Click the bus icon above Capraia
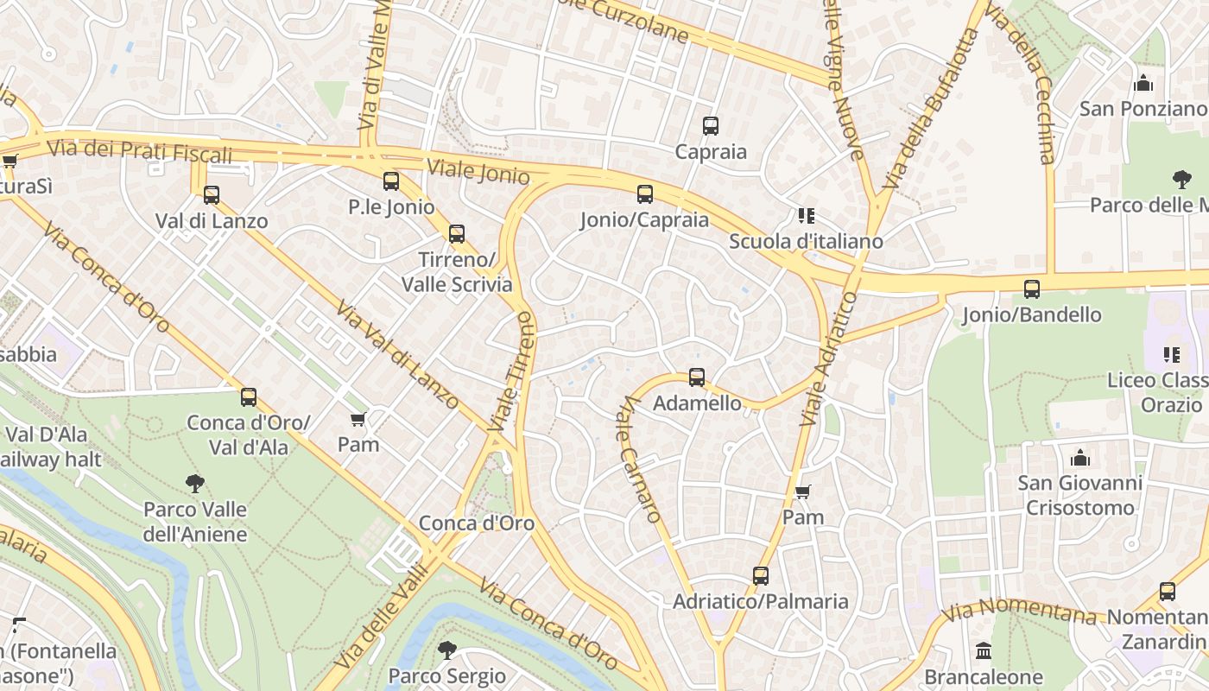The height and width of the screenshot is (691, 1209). pos(710,126)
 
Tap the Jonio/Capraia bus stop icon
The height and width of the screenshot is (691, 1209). pos(644,194)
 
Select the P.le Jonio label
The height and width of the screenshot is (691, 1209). pos(391,206)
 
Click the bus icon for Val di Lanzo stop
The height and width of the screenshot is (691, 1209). pos(212,195)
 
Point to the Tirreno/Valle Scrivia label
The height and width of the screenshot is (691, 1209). pos(457,272)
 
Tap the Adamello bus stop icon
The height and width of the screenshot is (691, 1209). pos(696,377)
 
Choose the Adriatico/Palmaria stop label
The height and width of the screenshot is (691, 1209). pos(760,601)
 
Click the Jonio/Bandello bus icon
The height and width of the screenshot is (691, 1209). pos(1031,289)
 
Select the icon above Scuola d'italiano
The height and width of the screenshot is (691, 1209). pos(806,216)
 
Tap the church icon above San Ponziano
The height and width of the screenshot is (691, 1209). pos(1143,84)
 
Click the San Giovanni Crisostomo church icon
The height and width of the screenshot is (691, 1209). pos(1079,458)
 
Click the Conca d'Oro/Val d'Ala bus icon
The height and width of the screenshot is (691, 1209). pos(249,397)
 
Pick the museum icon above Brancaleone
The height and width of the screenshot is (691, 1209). pos(983,651)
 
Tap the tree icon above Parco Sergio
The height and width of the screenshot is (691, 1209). pos(446,650)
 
